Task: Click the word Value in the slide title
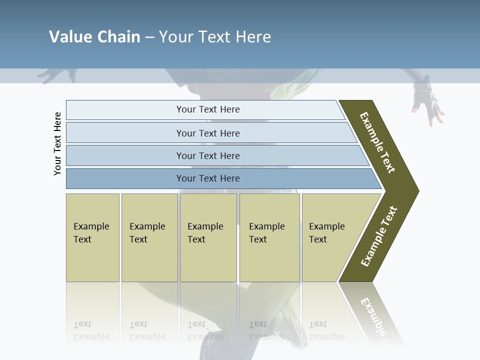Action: [x=69, y=37]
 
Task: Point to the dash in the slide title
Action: [x=149, y=37]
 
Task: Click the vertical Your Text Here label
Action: [x=57, y=144]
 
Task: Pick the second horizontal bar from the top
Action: [x=207, y=133]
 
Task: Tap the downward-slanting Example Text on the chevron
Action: [x=377, y=142]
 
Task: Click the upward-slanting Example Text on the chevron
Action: [x=379, y=236]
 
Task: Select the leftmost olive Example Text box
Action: [x=92, y=237]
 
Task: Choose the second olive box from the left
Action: [x=149, y=237]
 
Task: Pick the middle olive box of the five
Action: [x=208, y=237]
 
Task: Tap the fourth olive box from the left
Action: [x=269, y=237]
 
